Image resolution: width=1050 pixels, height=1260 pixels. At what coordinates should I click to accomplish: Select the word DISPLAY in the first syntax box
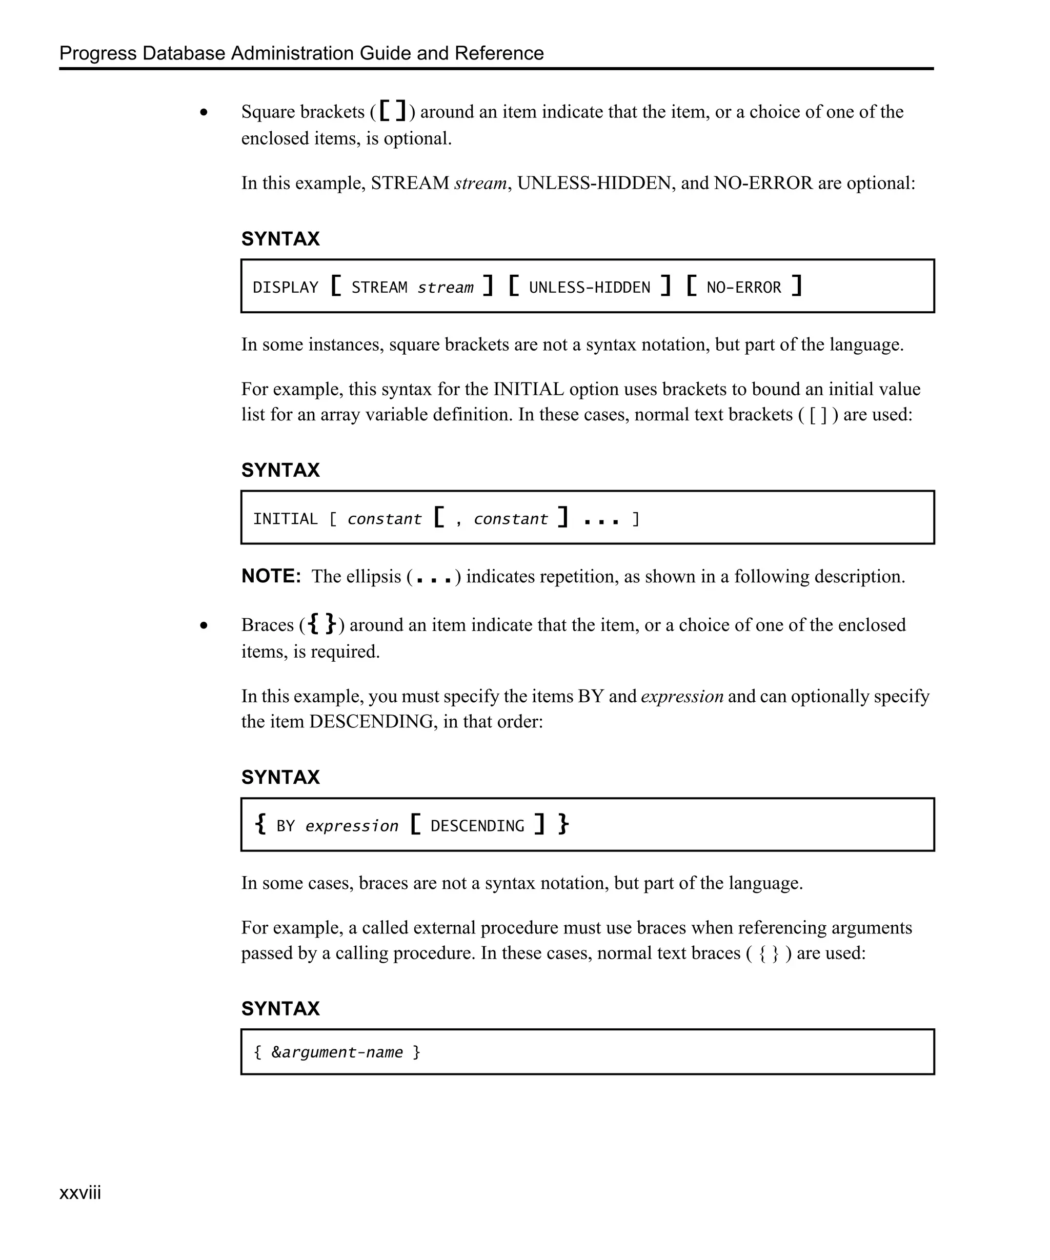pos(285,288)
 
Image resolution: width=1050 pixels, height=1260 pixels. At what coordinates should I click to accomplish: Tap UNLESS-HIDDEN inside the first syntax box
pos(589,288)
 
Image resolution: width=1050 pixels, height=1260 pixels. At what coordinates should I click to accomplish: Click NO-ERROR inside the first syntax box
pos(743,288)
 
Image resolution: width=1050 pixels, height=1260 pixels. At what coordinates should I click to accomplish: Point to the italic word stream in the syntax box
pos(445,288)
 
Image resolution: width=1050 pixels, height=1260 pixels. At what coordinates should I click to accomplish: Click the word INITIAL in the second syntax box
pos(285,518)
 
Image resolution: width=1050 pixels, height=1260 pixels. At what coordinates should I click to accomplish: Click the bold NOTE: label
pos(271,576)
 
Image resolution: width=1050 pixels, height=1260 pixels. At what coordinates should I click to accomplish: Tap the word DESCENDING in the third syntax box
pos(477,826)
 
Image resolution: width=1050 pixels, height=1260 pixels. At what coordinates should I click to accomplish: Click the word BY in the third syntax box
pos(286,826)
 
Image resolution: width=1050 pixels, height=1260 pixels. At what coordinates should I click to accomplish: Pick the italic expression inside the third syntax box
pos(352,826)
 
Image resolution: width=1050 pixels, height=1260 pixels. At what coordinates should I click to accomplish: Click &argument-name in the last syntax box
pos(337,1052)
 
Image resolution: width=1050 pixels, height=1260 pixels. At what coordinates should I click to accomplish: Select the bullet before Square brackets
pos(204,112)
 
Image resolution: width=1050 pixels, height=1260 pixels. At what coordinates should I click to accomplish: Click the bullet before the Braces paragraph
pos(204,625)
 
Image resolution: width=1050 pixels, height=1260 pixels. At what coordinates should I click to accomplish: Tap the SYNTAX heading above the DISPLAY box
pos(280,239)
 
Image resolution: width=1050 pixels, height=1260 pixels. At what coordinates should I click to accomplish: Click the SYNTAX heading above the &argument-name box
pos(280,1009)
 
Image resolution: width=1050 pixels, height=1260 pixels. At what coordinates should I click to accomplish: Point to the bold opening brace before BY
pos(260,824)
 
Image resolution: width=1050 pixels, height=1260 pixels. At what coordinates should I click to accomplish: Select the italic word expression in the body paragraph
pos(681,696)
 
